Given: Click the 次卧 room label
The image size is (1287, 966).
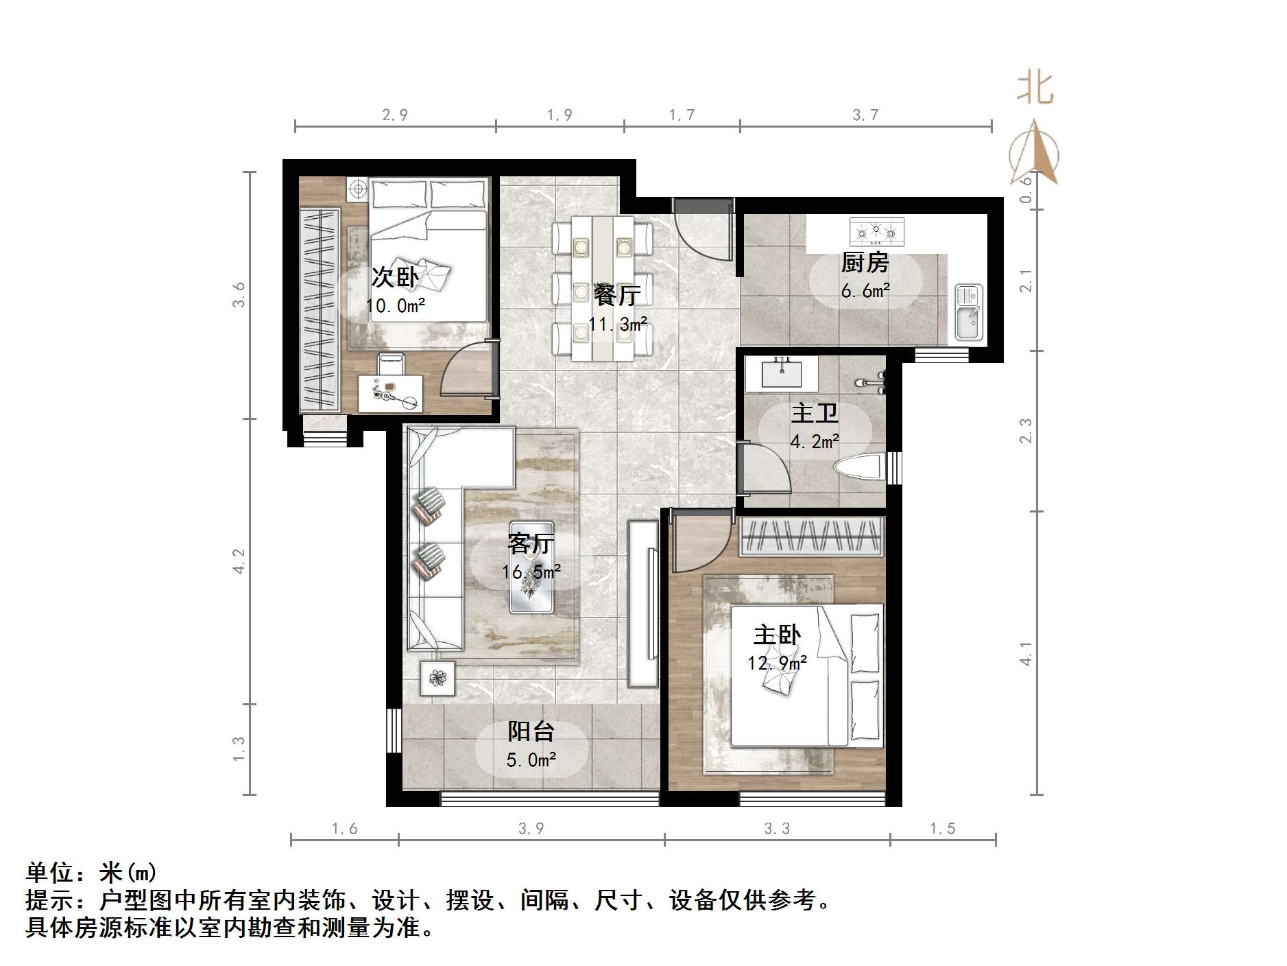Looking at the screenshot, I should point(394,277).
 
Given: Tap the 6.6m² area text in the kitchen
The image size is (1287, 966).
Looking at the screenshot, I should point(865,291).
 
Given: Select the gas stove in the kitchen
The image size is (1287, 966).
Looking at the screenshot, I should point(876,232).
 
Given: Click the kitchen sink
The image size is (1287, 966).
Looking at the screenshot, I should point(968,313).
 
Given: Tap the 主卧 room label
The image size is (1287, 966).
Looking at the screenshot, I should point(777,635).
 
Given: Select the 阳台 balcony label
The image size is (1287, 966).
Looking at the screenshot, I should point(531,731).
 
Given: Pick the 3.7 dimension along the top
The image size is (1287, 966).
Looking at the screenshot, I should point(865,115).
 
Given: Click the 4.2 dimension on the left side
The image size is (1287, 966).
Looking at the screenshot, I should point(238,561).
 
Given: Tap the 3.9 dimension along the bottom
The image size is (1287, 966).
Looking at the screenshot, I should point(531,829).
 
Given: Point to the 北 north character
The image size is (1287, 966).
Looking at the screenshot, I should point(1035,89).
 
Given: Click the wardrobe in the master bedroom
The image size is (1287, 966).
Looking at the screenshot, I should point(810,536).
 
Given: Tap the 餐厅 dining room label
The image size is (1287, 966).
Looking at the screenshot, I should point(617,295).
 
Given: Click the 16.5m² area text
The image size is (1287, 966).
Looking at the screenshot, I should point(531,571).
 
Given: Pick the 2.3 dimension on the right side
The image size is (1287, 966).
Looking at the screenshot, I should point(1026,431).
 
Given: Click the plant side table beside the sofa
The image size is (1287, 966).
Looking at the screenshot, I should point(437,679).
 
